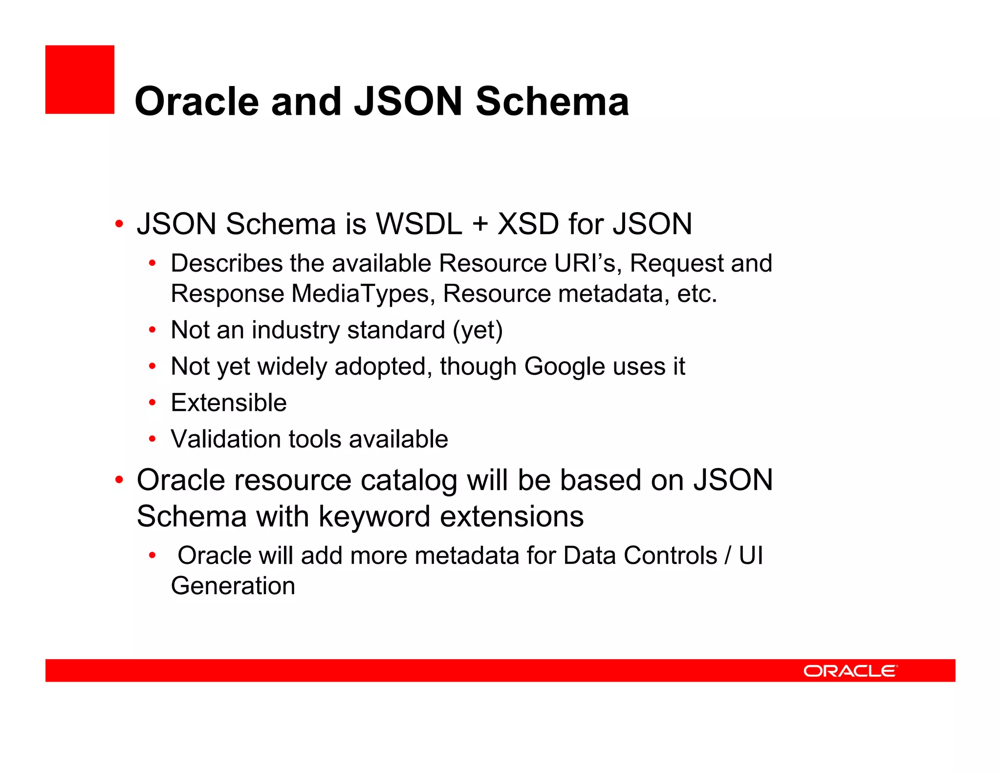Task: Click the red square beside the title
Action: click(x=80, y=80)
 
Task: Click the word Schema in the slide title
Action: click(x=552, y=102)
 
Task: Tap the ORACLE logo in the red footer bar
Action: click(x=850, y=670)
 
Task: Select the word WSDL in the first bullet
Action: click(x=418, y=224)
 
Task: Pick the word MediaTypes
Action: click(x=360, y=294)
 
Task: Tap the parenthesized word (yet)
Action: click(x=478, y=330)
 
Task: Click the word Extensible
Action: click(x=228, y=403)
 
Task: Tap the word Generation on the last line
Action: click(x=233, y=586)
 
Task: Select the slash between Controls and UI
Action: click(x=728, y=556)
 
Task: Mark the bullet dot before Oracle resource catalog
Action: click(x=119, y=480)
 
